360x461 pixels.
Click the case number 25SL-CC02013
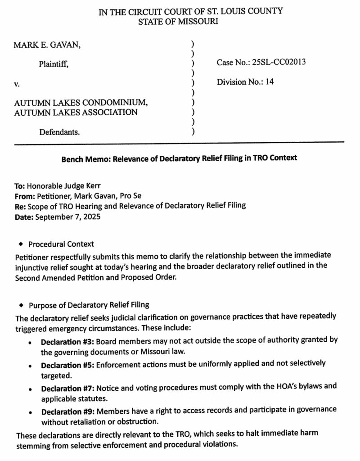279,62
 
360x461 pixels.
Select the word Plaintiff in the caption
54,64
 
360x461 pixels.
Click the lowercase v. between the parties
17,84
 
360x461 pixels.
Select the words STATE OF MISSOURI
179,21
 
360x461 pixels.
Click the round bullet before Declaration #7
30,387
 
